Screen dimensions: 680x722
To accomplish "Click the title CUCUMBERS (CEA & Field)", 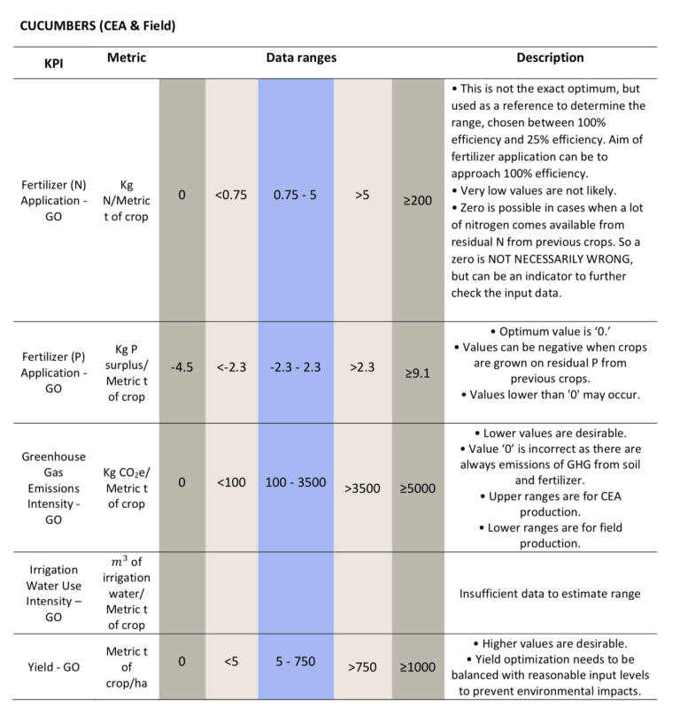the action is (x=97, y=26).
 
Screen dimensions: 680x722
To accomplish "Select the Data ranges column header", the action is (x=301, y=58).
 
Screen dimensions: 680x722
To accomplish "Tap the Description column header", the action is (x=550, y=58).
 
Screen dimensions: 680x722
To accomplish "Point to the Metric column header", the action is (x=127, y=58).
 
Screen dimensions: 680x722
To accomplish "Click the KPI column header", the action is (x=54, y=64).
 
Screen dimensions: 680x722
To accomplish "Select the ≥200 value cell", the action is (x=418, y=201).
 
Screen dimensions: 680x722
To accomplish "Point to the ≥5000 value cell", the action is (x=418, y=488).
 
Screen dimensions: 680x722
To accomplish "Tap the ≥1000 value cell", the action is (x=418, y=667).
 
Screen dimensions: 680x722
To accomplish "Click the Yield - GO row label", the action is (x=53, y=667).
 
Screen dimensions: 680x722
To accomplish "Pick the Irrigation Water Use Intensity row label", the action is (x=53, y=594).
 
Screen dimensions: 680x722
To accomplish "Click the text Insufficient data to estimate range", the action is (x=550, y=594).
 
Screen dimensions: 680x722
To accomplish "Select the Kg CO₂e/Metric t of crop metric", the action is (x=127, y=488).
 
